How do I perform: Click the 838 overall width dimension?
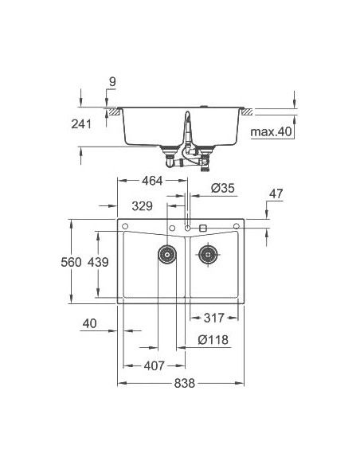(184, 383)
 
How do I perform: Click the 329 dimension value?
(142, 206)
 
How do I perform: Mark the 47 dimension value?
(276, 193)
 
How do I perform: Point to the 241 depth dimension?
(81, 123)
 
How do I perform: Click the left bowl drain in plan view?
(166, 255)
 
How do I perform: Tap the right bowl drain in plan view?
(209, 255)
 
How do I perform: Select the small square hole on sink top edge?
(203, 228)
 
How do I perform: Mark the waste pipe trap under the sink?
(191, 155)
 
